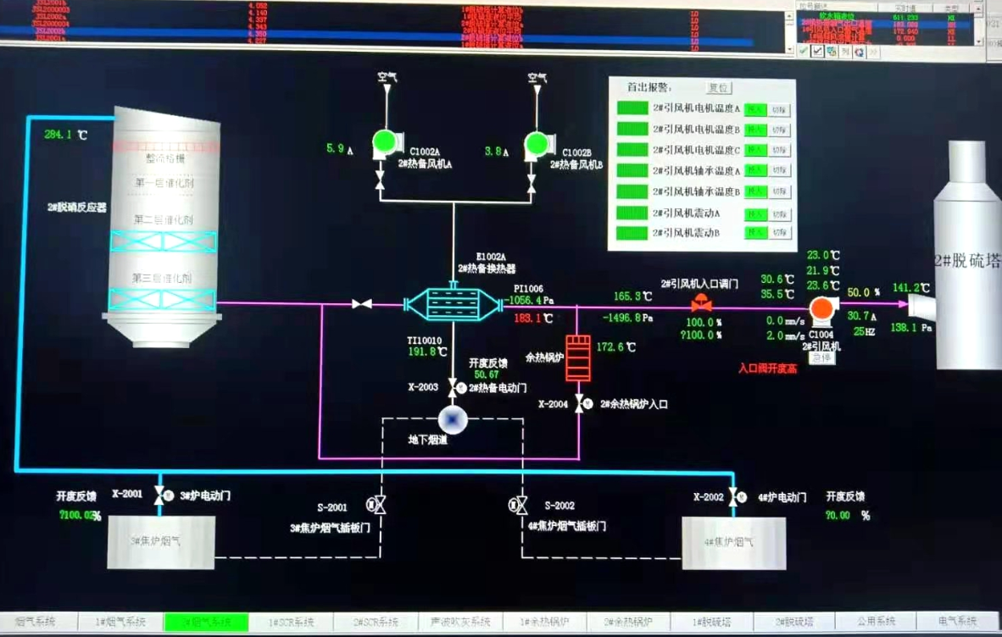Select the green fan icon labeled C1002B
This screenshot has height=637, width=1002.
(x=535, y=141)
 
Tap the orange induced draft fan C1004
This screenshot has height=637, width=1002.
(x=821, y=311)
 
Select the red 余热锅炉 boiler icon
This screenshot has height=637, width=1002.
(x=578, y=357)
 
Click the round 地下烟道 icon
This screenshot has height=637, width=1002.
(x=451, y=420)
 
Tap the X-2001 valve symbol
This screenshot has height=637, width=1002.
(x=159, y=496)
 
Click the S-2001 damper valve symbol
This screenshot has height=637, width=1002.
(x=377, y=506)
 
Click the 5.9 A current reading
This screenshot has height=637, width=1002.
(x=335, y=150)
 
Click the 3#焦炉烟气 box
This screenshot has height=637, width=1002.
(x=160, y=541)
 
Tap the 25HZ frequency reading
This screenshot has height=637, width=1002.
(x=864, y=331)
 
